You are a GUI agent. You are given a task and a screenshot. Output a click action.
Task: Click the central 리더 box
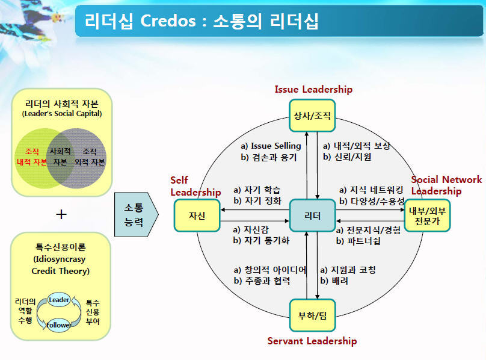[x=312, y=216]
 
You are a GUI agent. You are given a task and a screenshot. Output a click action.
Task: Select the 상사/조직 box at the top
[x=312, y=116]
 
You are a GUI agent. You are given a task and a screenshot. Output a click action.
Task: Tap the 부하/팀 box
[x=312, y=315]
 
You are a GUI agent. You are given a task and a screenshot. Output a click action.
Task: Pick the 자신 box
[x=197, y=216]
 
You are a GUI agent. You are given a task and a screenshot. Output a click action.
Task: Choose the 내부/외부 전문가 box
[x=428, y=216]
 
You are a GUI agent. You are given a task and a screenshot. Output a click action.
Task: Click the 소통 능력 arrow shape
[x=137, y=214]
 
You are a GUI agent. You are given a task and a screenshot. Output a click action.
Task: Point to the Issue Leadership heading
[x=313, y=89]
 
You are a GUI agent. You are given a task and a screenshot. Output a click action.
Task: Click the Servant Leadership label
[x=312, y=341]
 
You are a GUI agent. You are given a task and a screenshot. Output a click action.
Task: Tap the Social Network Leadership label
[x=446, y=185]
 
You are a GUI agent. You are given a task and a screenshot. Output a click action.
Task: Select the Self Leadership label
[x=195, y=186]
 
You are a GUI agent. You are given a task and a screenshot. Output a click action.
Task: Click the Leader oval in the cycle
[x=59, y=300]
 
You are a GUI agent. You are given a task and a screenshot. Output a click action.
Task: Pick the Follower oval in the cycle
[x=58, y=325]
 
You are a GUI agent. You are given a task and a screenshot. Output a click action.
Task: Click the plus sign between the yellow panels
[x=61, y=214]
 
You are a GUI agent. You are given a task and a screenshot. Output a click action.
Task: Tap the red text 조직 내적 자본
[x=32, y=157]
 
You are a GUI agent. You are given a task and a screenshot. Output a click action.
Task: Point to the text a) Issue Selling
[x=271, y=146]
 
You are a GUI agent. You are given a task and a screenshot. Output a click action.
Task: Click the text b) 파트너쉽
[x=358, y=241]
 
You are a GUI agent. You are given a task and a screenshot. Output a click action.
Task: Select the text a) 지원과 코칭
[x=348, y=270]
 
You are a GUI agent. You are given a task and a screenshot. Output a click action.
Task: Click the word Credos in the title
[x=168, y=21]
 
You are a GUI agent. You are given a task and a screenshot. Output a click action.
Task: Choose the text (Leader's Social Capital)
[x=62, y=114]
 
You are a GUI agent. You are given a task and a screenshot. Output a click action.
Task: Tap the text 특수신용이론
[x=60, y=247]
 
